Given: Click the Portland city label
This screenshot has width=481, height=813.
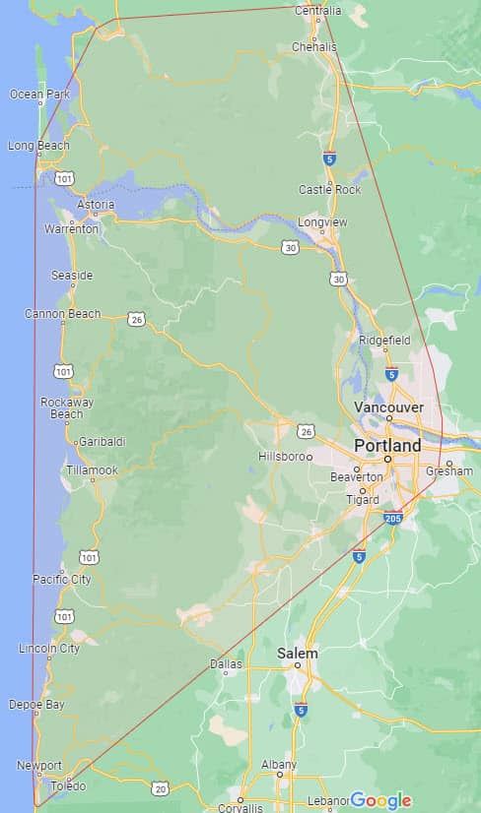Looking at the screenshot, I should (x=387, y=446).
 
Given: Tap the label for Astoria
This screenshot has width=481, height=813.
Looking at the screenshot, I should (x=97, y=205).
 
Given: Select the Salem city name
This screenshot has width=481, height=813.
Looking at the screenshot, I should (x=297, y=654).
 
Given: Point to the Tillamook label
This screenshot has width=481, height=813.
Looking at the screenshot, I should (x=93, y=470).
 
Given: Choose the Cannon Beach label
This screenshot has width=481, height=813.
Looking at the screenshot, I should (x=63, y=314).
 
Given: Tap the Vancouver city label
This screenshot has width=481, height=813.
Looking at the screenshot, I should (x=388, y=407).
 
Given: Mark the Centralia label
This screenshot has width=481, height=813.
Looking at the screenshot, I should (x=318, y=11).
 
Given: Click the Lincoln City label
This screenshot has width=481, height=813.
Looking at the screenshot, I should (x=50, y=648).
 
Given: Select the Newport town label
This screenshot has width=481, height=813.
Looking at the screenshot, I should (x=39, y=766).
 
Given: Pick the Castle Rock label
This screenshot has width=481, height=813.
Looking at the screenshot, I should (x=330, y=189).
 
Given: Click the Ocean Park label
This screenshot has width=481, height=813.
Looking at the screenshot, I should (x=39, y=94).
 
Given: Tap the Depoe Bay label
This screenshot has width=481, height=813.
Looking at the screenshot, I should (x=36, y=705).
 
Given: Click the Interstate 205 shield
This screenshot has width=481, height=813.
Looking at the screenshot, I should (x=393, y=519).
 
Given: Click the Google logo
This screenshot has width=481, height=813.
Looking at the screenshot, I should (x=380, y=800).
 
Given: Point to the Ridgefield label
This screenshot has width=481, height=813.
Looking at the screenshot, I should (x=384, y=340).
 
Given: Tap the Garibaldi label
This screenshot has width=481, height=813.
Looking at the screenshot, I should (x=103, y=442).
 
